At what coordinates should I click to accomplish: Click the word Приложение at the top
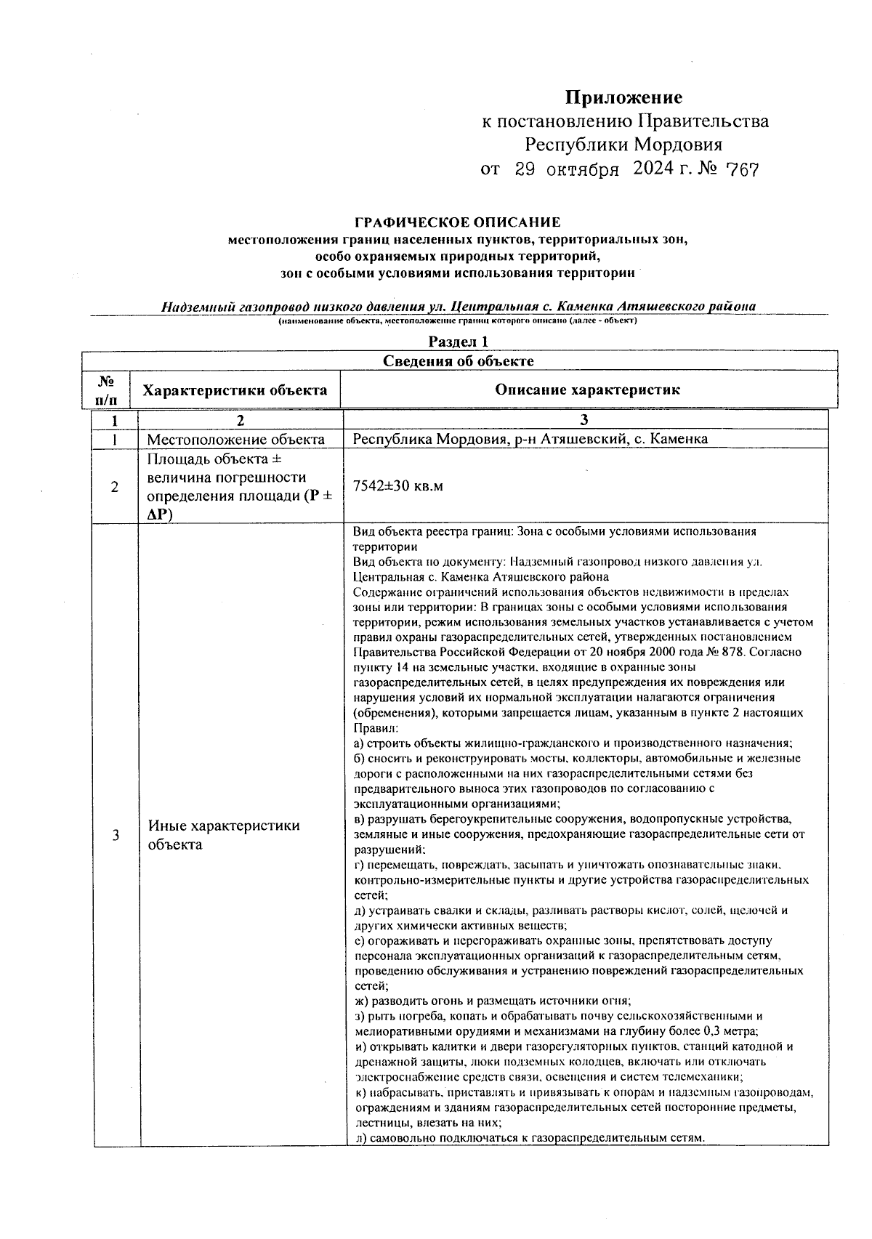[624, 97]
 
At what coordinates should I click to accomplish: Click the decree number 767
[742, 170]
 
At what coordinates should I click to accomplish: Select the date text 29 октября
[567, 170]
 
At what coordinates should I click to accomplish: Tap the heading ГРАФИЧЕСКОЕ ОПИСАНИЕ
[457, 222]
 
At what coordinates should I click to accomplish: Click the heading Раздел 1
[458, 342]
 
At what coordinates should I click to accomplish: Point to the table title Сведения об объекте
[458, 361]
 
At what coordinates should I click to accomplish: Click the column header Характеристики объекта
[235, 390]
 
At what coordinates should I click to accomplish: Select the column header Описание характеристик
[587, 390]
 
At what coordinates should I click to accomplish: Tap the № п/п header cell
[105, 390]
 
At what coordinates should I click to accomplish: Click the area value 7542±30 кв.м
[397, 486]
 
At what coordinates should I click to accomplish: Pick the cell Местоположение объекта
[236, 439]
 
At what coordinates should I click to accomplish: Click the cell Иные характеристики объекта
[224, 835]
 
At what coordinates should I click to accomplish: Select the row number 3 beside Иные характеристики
[115, 836]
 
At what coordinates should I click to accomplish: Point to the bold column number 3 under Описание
[584, 420]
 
